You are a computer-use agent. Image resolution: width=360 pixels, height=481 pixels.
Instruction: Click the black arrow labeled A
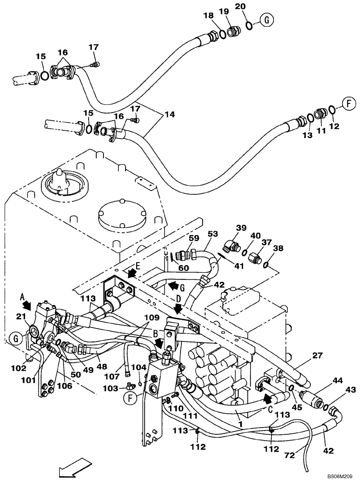(x=29, y=305)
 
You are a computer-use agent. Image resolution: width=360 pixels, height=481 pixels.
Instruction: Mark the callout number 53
(x=212, y=233)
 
